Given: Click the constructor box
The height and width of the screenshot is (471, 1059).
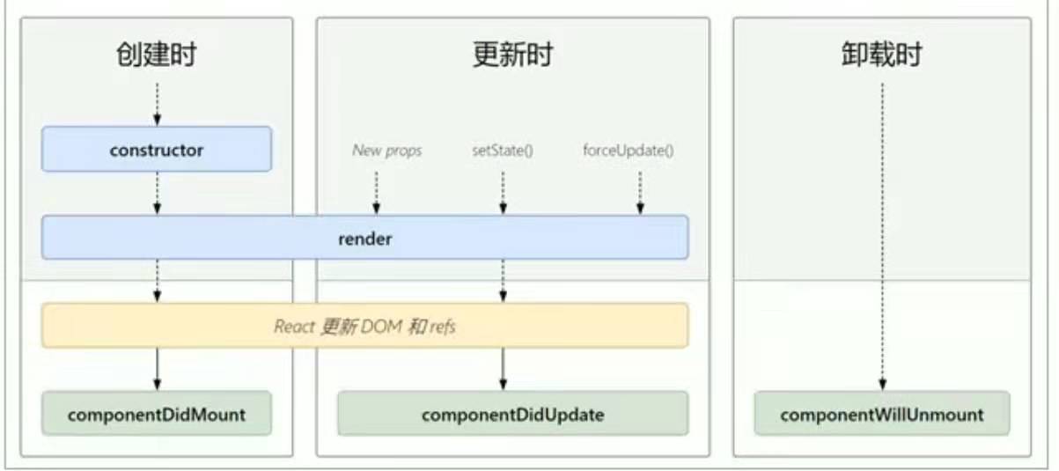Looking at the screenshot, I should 156,150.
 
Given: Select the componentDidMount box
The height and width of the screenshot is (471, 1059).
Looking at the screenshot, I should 156,414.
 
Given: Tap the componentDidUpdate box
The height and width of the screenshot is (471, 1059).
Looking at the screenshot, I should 512,414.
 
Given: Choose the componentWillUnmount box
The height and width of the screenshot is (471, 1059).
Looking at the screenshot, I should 881,414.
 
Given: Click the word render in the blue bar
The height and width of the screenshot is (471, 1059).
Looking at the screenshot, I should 364,238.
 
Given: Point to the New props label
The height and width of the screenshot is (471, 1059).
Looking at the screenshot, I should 386,151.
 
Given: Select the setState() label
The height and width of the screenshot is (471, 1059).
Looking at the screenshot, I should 503,151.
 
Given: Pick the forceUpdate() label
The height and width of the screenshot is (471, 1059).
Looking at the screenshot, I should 629,151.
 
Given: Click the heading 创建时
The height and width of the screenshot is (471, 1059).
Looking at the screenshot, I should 156,55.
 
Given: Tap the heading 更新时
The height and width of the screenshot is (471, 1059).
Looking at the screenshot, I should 512,55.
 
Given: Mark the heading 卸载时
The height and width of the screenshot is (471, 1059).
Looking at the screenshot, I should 881,55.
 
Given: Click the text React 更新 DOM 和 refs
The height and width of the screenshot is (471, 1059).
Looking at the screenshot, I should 364,327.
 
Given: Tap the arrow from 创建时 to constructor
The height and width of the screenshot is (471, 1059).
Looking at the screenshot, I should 157,104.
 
